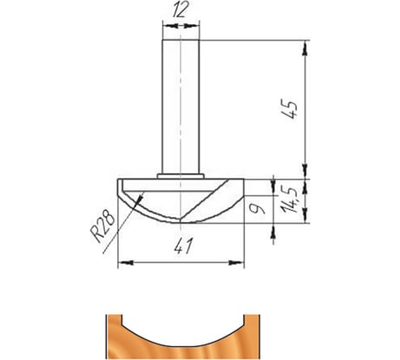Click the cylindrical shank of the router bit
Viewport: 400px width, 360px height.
click(x=180, y=104)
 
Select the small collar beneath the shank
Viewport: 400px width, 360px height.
click(x=180, y=174)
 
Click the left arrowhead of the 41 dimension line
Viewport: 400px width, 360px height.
click(x=121, y=260)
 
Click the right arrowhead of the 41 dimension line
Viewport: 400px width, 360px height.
click(x=240, y=260)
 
